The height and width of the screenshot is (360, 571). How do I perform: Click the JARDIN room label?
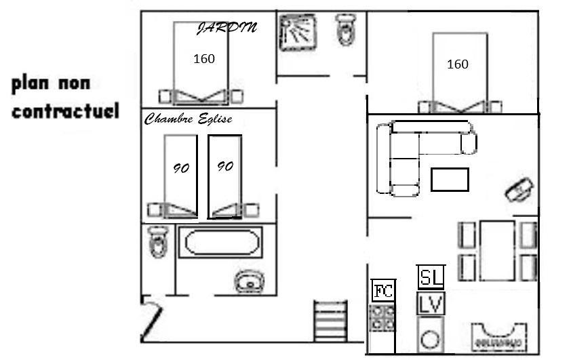(x=227, y=28)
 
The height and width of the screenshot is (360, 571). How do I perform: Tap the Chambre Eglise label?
(x=189, y=119)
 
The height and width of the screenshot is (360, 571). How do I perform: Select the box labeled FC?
(x=383, y=291)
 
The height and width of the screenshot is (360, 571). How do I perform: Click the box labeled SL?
(x=431, y=277)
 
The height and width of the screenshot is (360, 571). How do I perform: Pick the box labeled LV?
(x=431, y=304)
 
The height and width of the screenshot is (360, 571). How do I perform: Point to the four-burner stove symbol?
(x=382, y=318)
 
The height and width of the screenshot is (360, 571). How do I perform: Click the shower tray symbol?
(x=298, y=33)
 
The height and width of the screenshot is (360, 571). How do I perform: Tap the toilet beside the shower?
(x=346, y=29)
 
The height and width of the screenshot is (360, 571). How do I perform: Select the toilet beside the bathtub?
(x=159, y=241)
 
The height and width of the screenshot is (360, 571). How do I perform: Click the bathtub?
(x=220, y=243)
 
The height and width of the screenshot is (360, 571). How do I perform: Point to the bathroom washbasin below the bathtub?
(x=250, y=281)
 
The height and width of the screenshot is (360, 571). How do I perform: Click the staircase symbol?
(x=330, y=321)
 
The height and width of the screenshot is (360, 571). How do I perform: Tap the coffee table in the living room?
(x=450, y=180)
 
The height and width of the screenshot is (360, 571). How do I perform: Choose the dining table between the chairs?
(x=497, y=250)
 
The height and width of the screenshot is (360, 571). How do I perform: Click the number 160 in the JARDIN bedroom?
(x=204, y=58)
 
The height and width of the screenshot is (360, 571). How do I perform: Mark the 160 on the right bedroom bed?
(x=457, y=64)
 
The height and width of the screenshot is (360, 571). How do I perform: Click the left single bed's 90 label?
(x=181, y=168)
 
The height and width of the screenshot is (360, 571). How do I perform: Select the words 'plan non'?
(x=51, y=84)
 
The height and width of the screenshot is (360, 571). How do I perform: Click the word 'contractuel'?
(x=66, y=111)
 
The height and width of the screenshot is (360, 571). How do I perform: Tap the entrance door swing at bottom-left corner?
(x=151, y=318)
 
